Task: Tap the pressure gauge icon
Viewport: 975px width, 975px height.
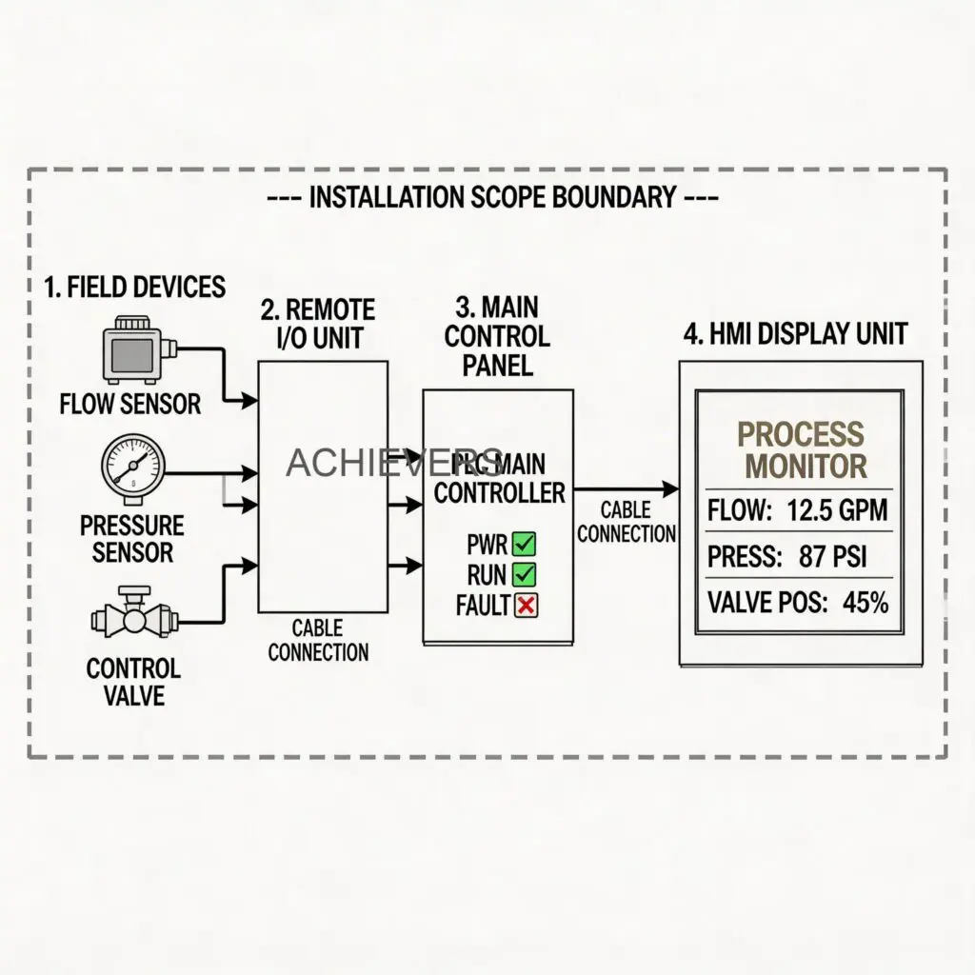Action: pos(131,464)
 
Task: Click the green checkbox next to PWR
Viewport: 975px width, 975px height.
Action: pos(525,545)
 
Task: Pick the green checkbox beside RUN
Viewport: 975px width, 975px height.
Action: pos(525,574)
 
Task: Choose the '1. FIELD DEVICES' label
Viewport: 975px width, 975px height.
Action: pos(134,287)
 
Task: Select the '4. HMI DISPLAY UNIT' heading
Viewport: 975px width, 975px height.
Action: pos(796,334)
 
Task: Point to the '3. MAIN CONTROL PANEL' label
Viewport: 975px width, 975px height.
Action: pos(497,335)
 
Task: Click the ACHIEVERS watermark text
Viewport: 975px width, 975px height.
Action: pos(394,463)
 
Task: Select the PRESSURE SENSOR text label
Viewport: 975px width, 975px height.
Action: pos(131,538)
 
